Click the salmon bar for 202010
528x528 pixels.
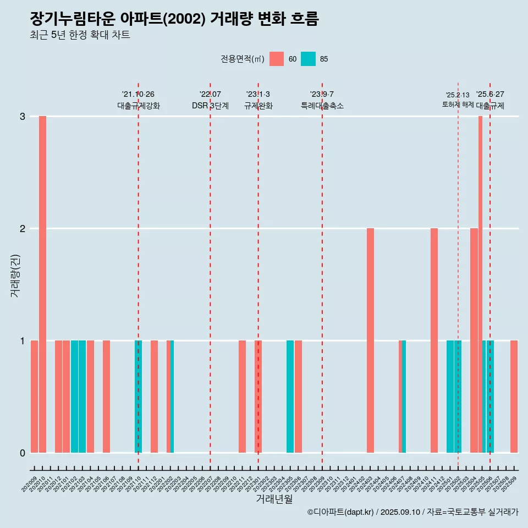coord(42,284)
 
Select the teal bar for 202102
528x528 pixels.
coord(74,397)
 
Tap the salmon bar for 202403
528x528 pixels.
coord(370,340)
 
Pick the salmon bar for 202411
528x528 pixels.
coord(434,340)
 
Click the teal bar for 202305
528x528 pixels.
coord(290,397)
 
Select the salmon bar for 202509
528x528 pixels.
coord(514,397)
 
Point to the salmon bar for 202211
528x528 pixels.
coord(242,397)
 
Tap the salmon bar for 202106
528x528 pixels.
coord(106,397)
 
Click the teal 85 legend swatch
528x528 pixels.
coord(308,59)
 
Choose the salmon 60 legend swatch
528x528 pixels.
coord(277,59)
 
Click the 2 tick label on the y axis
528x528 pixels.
coord(23,228)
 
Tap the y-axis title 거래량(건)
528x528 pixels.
coord(15,275)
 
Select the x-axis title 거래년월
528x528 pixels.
coord(274,499)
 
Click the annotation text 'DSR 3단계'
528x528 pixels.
coord(210,106)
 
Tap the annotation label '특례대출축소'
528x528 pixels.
coord(322,106)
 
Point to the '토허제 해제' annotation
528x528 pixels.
coord(458,104)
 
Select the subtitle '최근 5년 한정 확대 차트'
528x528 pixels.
coord(80,35)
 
